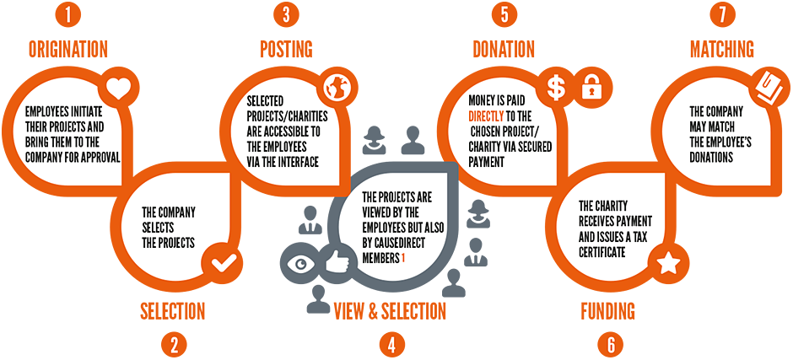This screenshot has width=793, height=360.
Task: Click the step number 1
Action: [67, 14]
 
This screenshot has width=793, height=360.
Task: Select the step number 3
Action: [286, 14]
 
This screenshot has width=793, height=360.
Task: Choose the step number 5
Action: [504, 14]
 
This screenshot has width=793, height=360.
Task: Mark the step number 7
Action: [722, 14]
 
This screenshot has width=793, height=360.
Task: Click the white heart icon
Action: [119, 88]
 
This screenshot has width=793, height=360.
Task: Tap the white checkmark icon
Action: [224, 263]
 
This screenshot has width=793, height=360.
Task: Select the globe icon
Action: [338, 88]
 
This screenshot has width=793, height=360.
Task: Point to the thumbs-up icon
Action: [337, 262]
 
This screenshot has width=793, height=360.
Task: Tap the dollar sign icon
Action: [556, 87]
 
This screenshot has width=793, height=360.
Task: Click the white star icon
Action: [668, 264]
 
